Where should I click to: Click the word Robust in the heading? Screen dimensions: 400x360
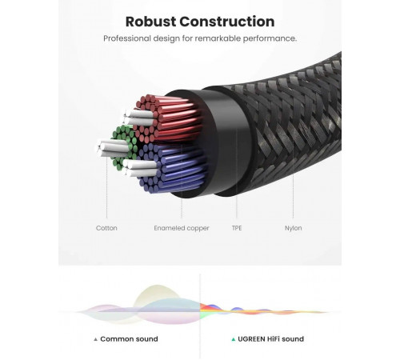tap(150, 22)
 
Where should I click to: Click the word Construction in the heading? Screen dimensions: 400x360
tap(227, 22)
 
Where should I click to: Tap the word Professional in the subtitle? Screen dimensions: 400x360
tap(126, 38)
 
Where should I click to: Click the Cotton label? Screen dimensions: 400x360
tap(106, 228)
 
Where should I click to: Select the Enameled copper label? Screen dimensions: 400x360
tap(182, 228)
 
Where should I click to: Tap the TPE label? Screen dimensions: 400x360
tap(237, 228)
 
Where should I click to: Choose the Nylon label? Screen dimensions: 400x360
tap(293, 228)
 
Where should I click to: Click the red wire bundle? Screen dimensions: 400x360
tap(170, 118)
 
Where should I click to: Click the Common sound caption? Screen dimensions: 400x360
tap(129, 339)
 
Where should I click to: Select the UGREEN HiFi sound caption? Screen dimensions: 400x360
tap(270, 339)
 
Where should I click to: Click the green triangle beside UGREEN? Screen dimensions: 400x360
tap(234, 339)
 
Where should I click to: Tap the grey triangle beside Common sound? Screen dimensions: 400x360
tap(96, 339)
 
